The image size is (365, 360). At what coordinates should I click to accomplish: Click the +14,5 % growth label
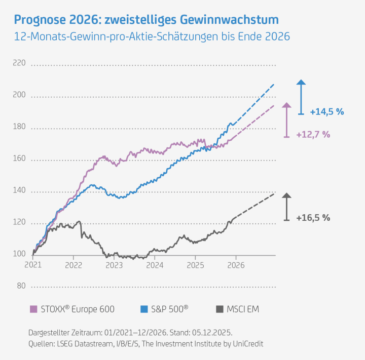[327, 111]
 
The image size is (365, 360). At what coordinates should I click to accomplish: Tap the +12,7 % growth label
[313, 134]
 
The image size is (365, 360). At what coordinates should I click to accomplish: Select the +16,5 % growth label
[313, 218]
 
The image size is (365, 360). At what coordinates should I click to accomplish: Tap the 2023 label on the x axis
[114, 265]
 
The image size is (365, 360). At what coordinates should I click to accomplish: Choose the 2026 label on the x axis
[236, 265]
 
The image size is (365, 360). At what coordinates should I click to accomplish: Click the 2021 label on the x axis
[33, 265]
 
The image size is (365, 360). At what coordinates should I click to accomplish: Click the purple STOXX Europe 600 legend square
[34, 309]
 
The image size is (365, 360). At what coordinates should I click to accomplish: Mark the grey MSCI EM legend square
[220, 309]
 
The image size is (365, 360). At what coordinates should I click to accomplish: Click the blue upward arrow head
[301, 83]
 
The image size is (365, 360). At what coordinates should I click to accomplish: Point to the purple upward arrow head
[287, 105]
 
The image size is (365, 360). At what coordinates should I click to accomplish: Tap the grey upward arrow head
[286, 196]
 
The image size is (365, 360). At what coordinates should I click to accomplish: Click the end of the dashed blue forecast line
[274, 84]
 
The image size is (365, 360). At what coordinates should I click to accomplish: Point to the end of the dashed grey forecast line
[274, 193]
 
